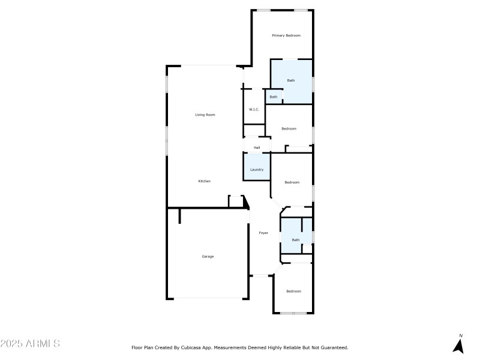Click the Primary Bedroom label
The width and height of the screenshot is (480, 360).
point(286,36)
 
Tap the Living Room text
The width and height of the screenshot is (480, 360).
point(205,115)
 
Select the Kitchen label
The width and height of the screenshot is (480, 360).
point(205,181)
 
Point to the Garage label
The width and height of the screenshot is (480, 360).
point(208,257)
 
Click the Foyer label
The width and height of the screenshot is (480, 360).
point(263,233)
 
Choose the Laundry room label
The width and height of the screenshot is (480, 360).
point(257,170)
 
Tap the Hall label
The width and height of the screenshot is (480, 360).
point(257,148)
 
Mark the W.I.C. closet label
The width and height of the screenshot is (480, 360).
point(254,109)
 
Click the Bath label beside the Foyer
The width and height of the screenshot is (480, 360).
point(295,240)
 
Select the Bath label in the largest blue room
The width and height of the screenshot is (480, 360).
point(291,80)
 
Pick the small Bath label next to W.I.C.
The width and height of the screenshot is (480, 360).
point(274,97)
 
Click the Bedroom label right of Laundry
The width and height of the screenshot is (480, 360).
point(292,182)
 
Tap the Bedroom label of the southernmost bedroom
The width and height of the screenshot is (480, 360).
point(293,292)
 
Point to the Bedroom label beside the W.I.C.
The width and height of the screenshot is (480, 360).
point(289,128)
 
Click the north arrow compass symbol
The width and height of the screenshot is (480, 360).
point(459,346)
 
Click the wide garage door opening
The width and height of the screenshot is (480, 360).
point(208,299)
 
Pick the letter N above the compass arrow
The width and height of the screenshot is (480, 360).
point(461,336)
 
